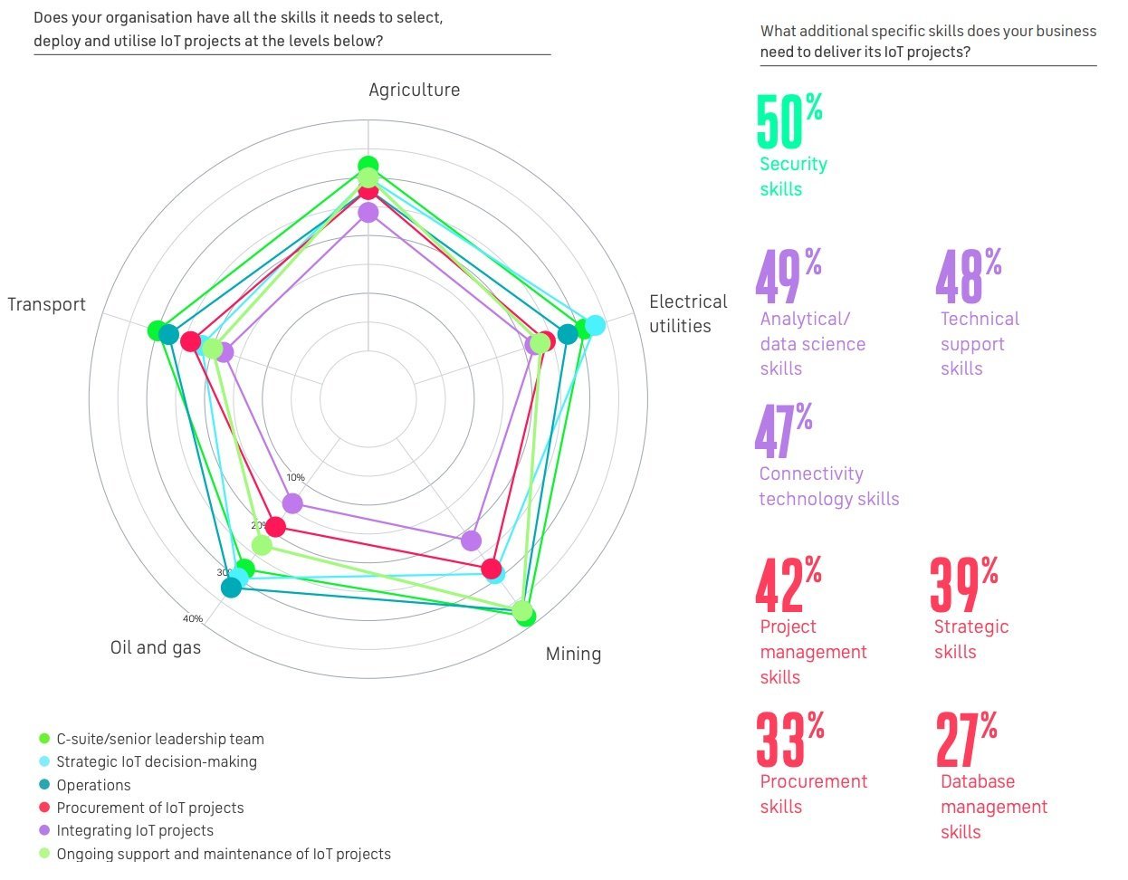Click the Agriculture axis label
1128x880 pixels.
point(414,90)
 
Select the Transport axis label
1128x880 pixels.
point(46,304)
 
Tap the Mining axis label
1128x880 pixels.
point(573,654)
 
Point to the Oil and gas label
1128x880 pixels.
point(156,647)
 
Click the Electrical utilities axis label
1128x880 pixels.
point(688,314)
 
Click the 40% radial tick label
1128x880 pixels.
point(193,619)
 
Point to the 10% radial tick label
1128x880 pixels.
point(295,478)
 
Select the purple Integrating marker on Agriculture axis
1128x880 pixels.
point(368,213)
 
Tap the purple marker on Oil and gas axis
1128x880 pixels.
point(292,502)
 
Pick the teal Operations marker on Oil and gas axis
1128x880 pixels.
point(231,588)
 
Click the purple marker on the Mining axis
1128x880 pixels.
point(471,540)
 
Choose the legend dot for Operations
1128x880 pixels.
point(44,785)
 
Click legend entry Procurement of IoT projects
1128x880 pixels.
point(150,808)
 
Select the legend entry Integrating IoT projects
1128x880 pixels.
point(135,830)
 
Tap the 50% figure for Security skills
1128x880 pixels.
point(789,122)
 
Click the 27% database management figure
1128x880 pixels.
point(967,740)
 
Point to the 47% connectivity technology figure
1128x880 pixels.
point(783,431)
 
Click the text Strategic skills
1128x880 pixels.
point(970,639)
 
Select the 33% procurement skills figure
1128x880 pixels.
point(789,740)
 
